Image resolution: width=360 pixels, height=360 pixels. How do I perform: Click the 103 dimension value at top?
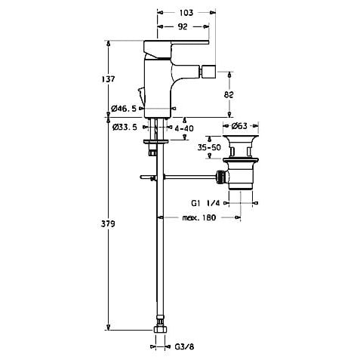186,13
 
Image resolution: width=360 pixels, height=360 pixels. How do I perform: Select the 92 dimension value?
183,26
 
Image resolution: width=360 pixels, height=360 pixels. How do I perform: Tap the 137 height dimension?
108,79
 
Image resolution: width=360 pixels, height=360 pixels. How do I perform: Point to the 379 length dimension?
108,223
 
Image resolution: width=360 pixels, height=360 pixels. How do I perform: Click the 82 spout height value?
229,94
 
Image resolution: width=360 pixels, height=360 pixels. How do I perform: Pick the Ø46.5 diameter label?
124,109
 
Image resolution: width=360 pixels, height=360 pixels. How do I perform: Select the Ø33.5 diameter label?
125,128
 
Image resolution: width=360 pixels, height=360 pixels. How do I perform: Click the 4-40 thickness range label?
184,128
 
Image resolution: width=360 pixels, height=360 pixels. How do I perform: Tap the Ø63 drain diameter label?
240,126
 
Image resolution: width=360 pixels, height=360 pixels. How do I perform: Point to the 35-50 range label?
209,147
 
